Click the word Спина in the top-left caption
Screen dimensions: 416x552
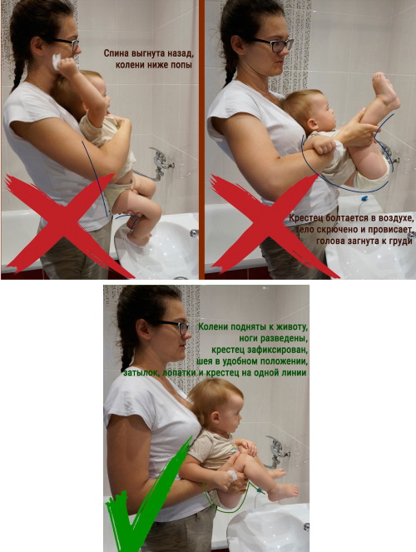(x=116, y=53)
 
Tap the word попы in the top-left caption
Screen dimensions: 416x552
(x=182, y=65)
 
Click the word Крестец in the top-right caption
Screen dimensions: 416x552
(x=305, y=218)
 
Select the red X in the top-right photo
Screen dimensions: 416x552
(x=267, y=226)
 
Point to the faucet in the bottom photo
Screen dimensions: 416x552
(x=278, y=451)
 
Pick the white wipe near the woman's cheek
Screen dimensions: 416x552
(x=57, y=62)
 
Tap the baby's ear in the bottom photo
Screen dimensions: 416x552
(x=215, y=417)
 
